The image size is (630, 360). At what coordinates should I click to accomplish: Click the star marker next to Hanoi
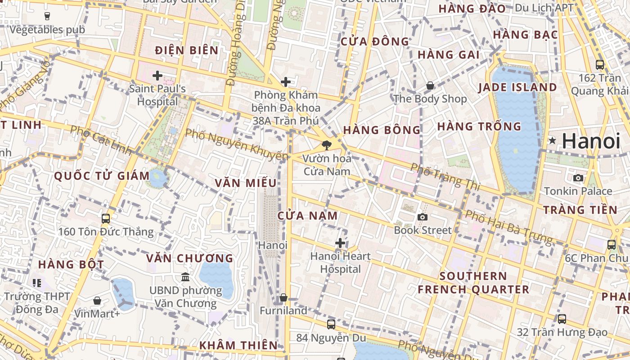(552, 141)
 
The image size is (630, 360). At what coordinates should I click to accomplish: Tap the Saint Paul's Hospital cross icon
(157, 76)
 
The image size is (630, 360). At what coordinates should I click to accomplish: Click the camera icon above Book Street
(422, 217)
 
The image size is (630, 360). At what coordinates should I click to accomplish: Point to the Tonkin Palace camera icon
(578, 178)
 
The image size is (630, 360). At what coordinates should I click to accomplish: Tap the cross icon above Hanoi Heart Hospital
(340, 243)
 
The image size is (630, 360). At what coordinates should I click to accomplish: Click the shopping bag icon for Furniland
(283, 297)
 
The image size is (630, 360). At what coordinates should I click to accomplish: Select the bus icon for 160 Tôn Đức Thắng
(106, 219)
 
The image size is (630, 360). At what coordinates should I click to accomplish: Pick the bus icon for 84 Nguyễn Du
(331, 324)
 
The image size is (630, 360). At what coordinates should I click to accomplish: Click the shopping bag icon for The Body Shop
(430, 85)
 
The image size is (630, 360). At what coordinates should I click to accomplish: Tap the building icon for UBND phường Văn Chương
(185, 277)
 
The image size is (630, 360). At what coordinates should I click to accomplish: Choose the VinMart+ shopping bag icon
(97, 301)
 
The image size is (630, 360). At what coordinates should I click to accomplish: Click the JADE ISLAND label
(517, 87)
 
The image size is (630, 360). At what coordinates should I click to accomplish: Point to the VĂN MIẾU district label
(246, 183)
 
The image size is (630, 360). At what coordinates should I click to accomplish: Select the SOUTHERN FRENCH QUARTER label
(473, 283)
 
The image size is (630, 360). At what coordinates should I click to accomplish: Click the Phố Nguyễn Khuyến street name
(236, 144)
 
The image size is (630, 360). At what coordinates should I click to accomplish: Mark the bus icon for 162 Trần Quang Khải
(600, 64)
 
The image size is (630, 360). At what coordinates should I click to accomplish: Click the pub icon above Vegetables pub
(47, 16)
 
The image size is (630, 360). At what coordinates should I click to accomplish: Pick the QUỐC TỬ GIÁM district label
(102, 176)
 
